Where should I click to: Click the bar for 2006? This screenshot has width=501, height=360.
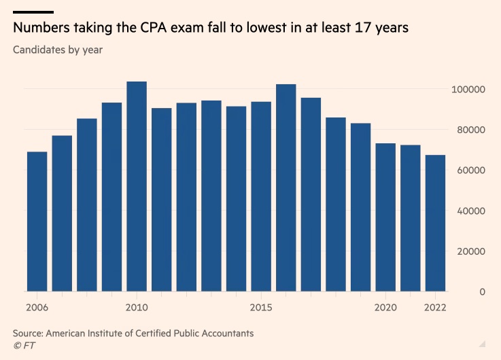click(x=37, y=221)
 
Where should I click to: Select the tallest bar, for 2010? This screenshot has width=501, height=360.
click(x=137, y=186)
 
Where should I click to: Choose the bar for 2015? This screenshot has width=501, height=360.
click(x=261, y=196)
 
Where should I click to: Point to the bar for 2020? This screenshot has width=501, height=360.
click(x=385, y=217)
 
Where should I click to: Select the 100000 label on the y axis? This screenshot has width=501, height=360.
click(x=467, y=90)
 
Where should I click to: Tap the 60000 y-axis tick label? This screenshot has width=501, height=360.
click(x=469, y=170)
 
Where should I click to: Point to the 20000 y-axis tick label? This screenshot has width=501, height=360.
click(x=469, y=251)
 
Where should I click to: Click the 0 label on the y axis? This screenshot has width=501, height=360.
click(x=481, y=292)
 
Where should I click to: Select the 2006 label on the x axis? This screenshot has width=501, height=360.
click(x=37, y=307)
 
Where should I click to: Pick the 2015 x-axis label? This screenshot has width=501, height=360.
click(x=261, y=307)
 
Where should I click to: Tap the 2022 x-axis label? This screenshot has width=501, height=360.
click(x=435, y=307)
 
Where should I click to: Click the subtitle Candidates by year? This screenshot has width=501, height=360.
click(x=58, y=50)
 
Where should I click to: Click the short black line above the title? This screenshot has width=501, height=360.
click(x=33, y=12)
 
